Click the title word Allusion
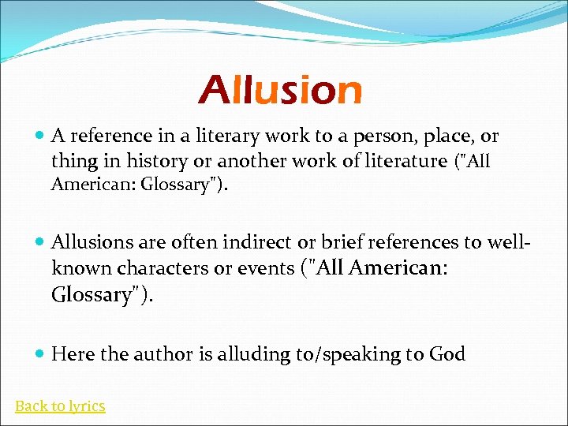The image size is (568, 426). tap(280, 91)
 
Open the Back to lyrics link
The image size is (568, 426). tap(60, 406)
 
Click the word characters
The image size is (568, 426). tap(152, 268)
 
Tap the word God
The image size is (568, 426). tap(447, 354)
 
